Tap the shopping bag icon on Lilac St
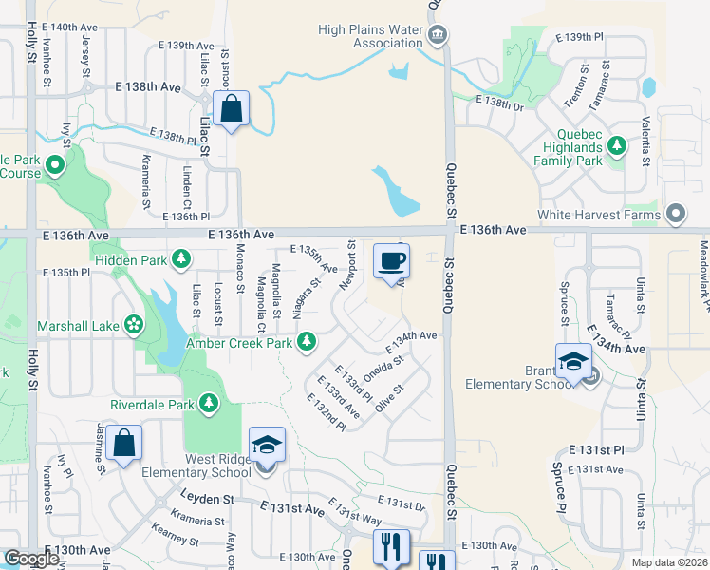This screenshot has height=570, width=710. click(x=231, y=109)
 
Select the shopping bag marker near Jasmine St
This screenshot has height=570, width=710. click(x=123, y=444)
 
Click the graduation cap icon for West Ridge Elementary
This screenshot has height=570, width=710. click(x=267, y=446)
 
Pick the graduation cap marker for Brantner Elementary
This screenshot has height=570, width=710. click(x=573, y=362)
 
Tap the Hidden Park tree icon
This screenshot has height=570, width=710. click(x=181, y=258)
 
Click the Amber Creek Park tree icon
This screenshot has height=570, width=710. click(x=306, y=341)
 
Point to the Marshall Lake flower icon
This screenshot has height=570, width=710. click(x=134, y=326)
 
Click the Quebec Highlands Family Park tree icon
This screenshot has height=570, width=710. click(x=617, y=146)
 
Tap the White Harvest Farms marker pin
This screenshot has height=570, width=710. click(x=676, y=214)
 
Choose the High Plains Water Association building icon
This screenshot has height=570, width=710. click(x=437, y=36)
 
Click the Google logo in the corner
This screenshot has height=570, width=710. click(x=31, y=559)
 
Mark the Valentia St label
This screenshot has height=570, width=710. click(x=645, y=142)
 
